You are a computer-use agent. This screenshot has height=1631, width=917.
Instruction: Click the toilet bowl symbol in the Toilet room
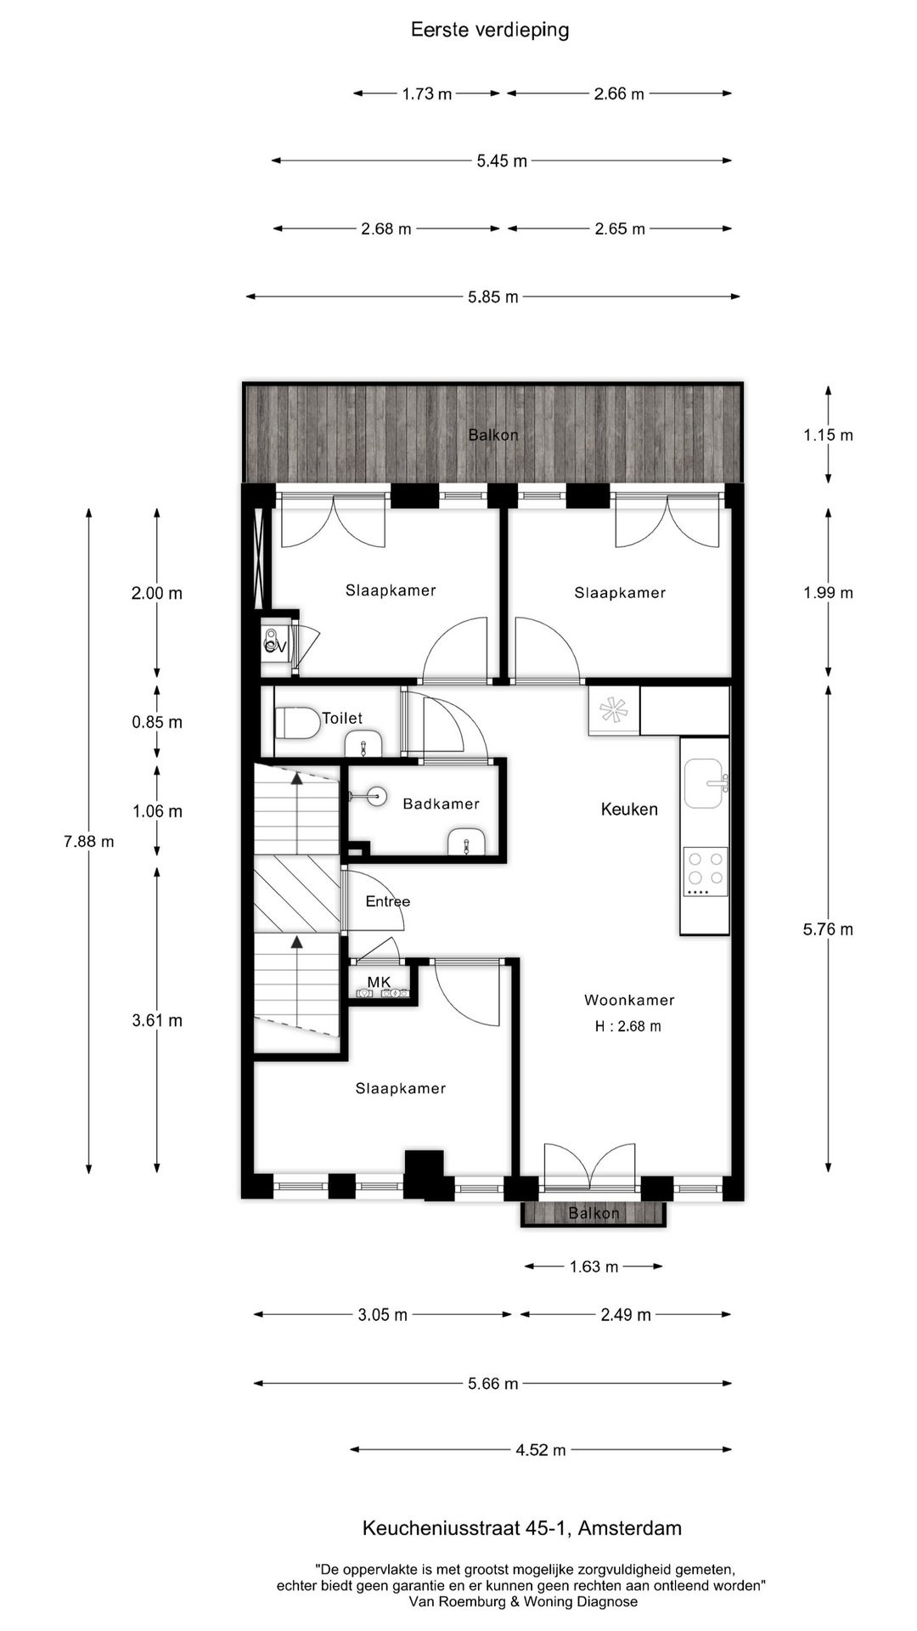point(296,724)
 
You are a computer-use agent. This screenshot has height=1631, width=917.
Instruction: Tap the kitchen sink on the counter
point(704,783)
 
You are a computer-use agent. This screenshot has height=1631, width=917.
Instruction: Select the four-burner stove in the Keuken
point(706,872)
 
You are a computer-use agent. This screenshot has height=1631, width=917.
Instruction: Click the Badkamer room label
point(441,804)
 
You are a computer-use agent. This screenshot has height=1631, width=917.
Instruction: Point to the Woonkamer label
point(629,1000)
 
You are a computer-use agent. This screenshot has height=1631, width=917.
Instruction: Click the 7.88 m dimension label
point(88,842)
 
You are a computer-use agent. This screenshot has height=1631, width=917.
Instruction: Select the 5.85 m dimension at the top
point(492,296)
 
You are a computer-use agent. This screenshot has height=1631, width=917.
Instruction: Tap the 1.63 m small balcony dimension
point(594,1267)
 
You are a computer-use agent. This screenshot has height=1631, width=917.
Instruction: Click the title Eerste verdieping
point(490,30)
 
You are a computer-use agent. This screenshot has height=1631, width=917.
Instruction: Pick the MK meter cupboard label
point(379,982)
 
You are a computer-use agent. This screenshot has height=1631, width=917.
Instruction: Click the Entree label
point(387,901)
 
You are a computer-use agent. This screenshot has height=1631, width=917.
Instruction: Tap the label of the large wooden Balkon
point(493,435)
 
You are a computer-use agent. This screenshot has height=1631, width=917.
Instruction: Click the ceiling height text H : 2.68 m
point(627,1026)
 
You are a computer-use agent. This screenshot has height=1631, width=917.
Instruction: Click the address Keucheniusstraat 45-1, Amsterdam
point(521,1528)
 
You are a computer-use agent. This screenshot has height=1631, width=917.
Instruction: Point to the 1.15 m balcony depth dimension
point(828,435)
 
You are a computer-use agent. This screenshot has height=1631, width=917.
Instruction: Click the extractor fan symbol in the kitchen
point(613,710)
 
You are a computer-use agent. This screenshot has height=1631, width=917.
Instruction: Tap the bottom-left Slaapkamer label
point(400,1088)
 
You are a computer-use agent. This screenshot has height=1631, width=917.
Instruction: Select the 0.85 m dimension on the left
point(157,722)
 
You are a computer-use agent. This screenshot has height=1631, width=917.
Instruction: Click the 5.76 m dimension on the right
point(828,929)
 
